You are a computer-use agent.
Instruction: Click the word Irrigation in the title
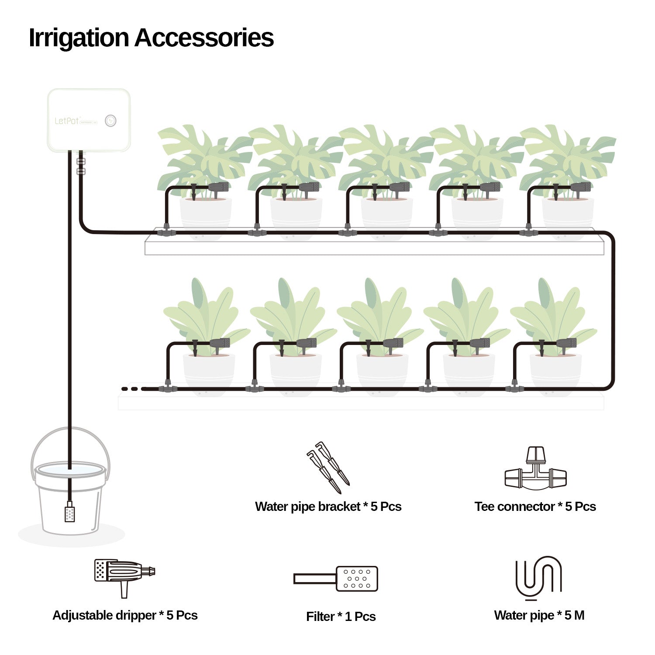coord(79,38)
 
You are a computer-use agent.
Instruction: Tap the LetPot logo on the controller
coord(67,121)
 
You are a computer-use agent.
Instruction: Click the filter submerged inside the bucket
coord(69,512)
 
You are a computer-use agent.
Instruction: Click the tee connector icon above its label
coord(535,469)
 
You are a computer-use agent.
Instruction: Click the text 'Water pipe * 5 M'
coord(539,615)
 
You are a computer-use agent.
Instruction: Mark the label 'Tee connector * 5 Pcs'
coord(535,507)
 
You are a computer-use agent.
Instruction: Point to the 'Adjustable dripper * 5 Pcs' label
coord(125,615)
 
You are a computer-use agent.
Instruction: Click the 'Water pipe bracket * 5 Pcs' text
coord(328,507)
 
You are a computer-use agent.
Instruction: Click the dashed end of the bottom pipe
coord(130,389)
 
